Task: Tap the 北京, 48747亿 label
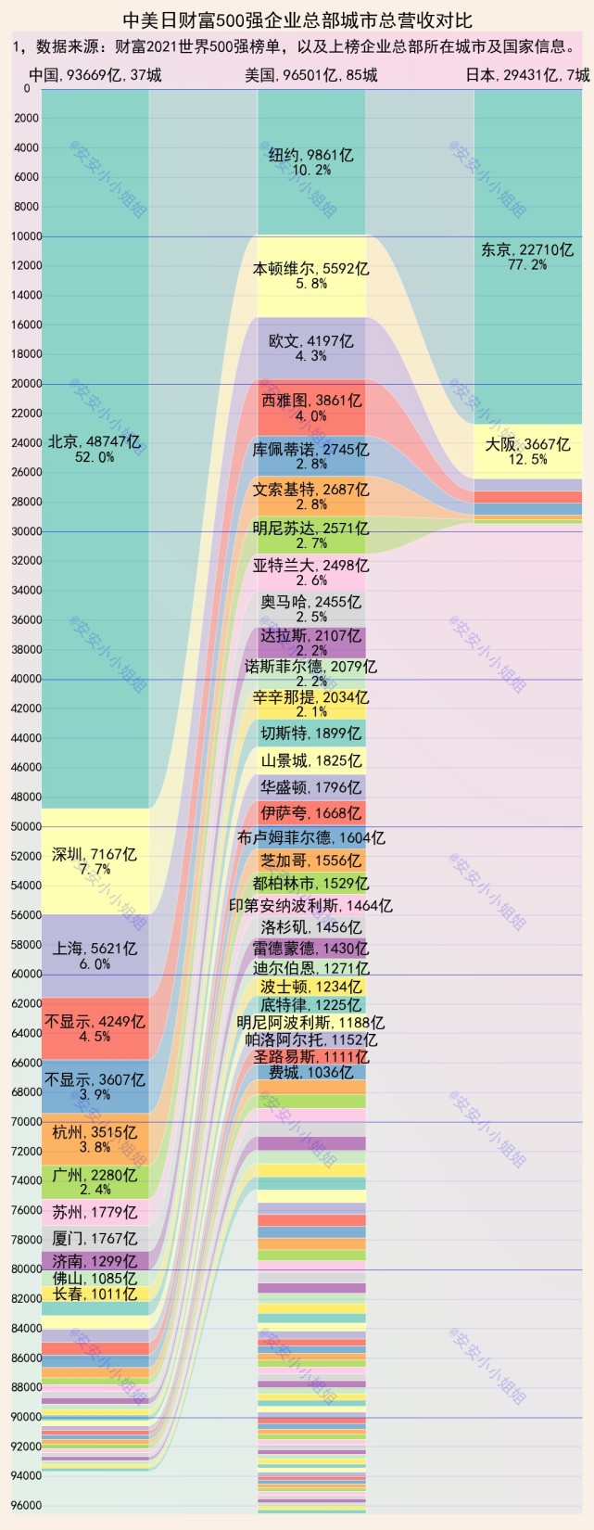pyautogui.click(x=95, y=442)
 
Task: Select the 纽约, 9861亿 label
pyautogui.click(x=311, y=155)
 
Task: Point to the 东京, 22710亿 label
pyautogui.click(x=527, y=249)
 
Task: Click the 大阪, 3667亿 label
pyautogui.click(x=527, y=444)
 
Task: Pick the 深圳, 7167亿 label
pyautogui.click(x=95, y=854)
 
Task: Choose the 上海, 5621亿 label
pyautogui.click(x=95, y=949)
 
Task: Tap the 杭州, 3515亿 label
pyautogui.click(x=95, y=1131)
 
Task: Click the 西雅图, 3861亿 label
pyautogui.click(x=311, y=401)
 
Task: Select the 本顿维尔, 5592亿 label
pyautogui.click(x=311, y=269)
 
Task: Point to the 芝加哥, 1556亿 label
pyautogui.click(x=311, y=861)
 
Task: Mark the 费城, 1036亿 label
pyautogui.click(x=311, y=1073)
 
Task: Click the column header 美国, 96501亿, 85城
pyautogui.click(x=311, y=75)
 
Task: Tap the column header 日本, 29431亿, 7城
pyautogui.click(x=527, y=75)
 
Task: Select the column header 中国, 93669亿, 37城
pyautogui.click(x=95, y=75)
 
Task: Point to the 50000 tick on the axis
pyautogui.click(x=26, y=826)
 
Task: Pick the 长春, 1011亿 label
pyautogui.click(x=95, y=1294)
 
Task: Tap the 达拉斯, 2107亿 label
pyautogui.click(x=311, y=636)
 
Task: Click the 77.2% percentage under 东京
pyautogui.click(x=527, y=265)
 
